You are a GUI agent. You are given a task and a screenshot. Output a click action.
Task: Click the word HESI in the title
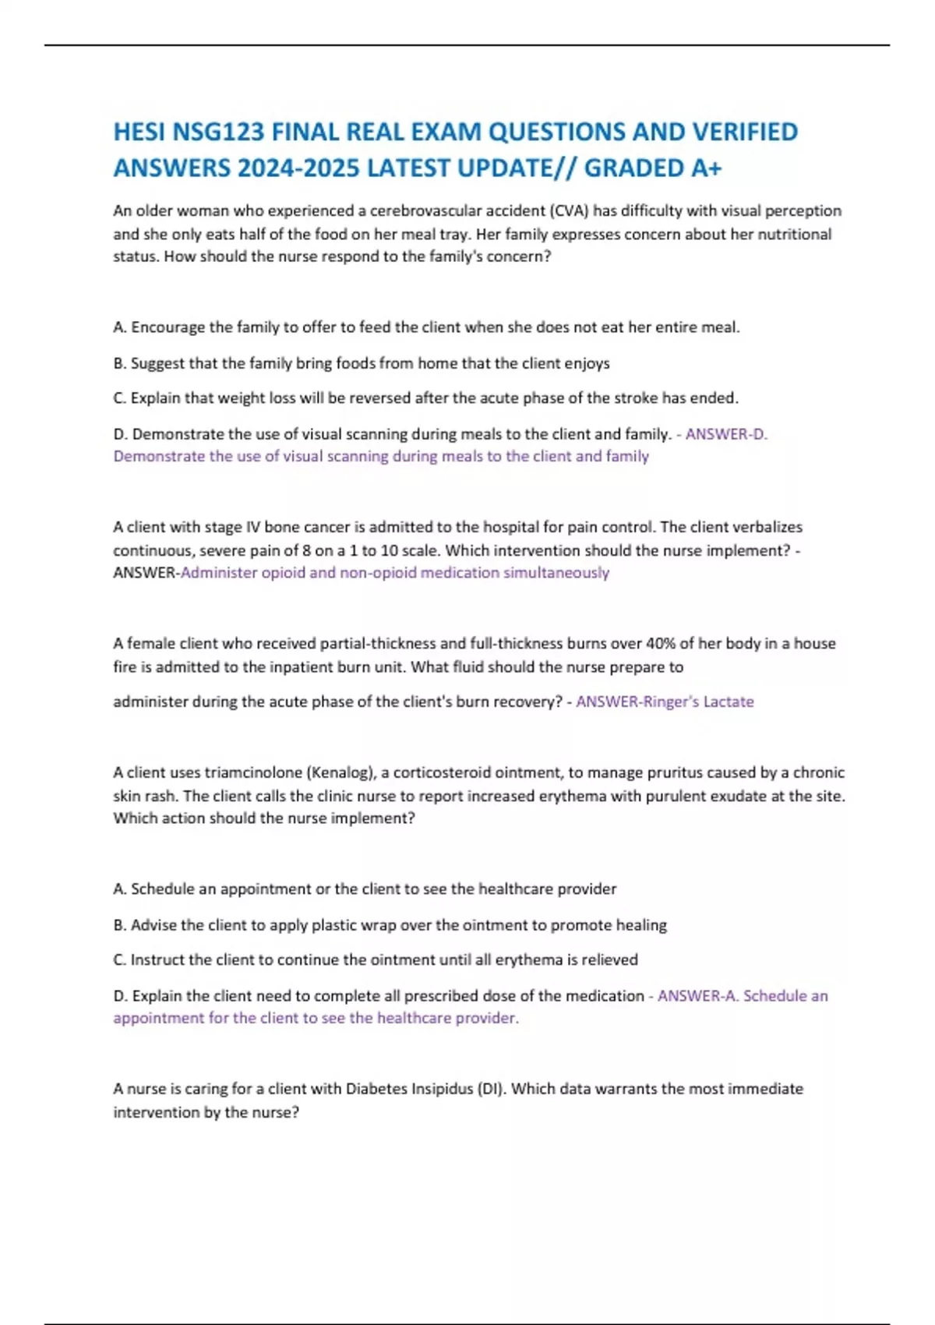(139, 132)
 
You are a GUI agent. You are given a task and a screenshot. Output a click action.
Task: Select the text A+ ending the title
(706, 168)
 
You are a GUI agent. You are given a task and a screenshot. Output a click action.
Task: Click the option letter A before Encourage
(119, 327)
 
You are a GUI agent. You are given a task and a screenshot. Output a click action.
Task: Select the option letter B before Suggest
(119, 363)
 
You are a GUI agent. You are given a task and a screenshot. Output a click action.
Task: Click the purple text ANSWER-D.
(726, 434)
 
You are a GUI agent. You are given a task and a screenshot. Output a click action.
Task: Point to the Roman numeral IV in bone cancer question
(253, 527)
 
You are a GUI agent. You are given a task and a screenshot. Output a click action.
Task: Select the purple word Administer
(218, 573)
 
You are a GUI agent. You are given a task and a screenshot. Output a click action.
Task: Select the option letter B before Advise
(119, 925)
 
